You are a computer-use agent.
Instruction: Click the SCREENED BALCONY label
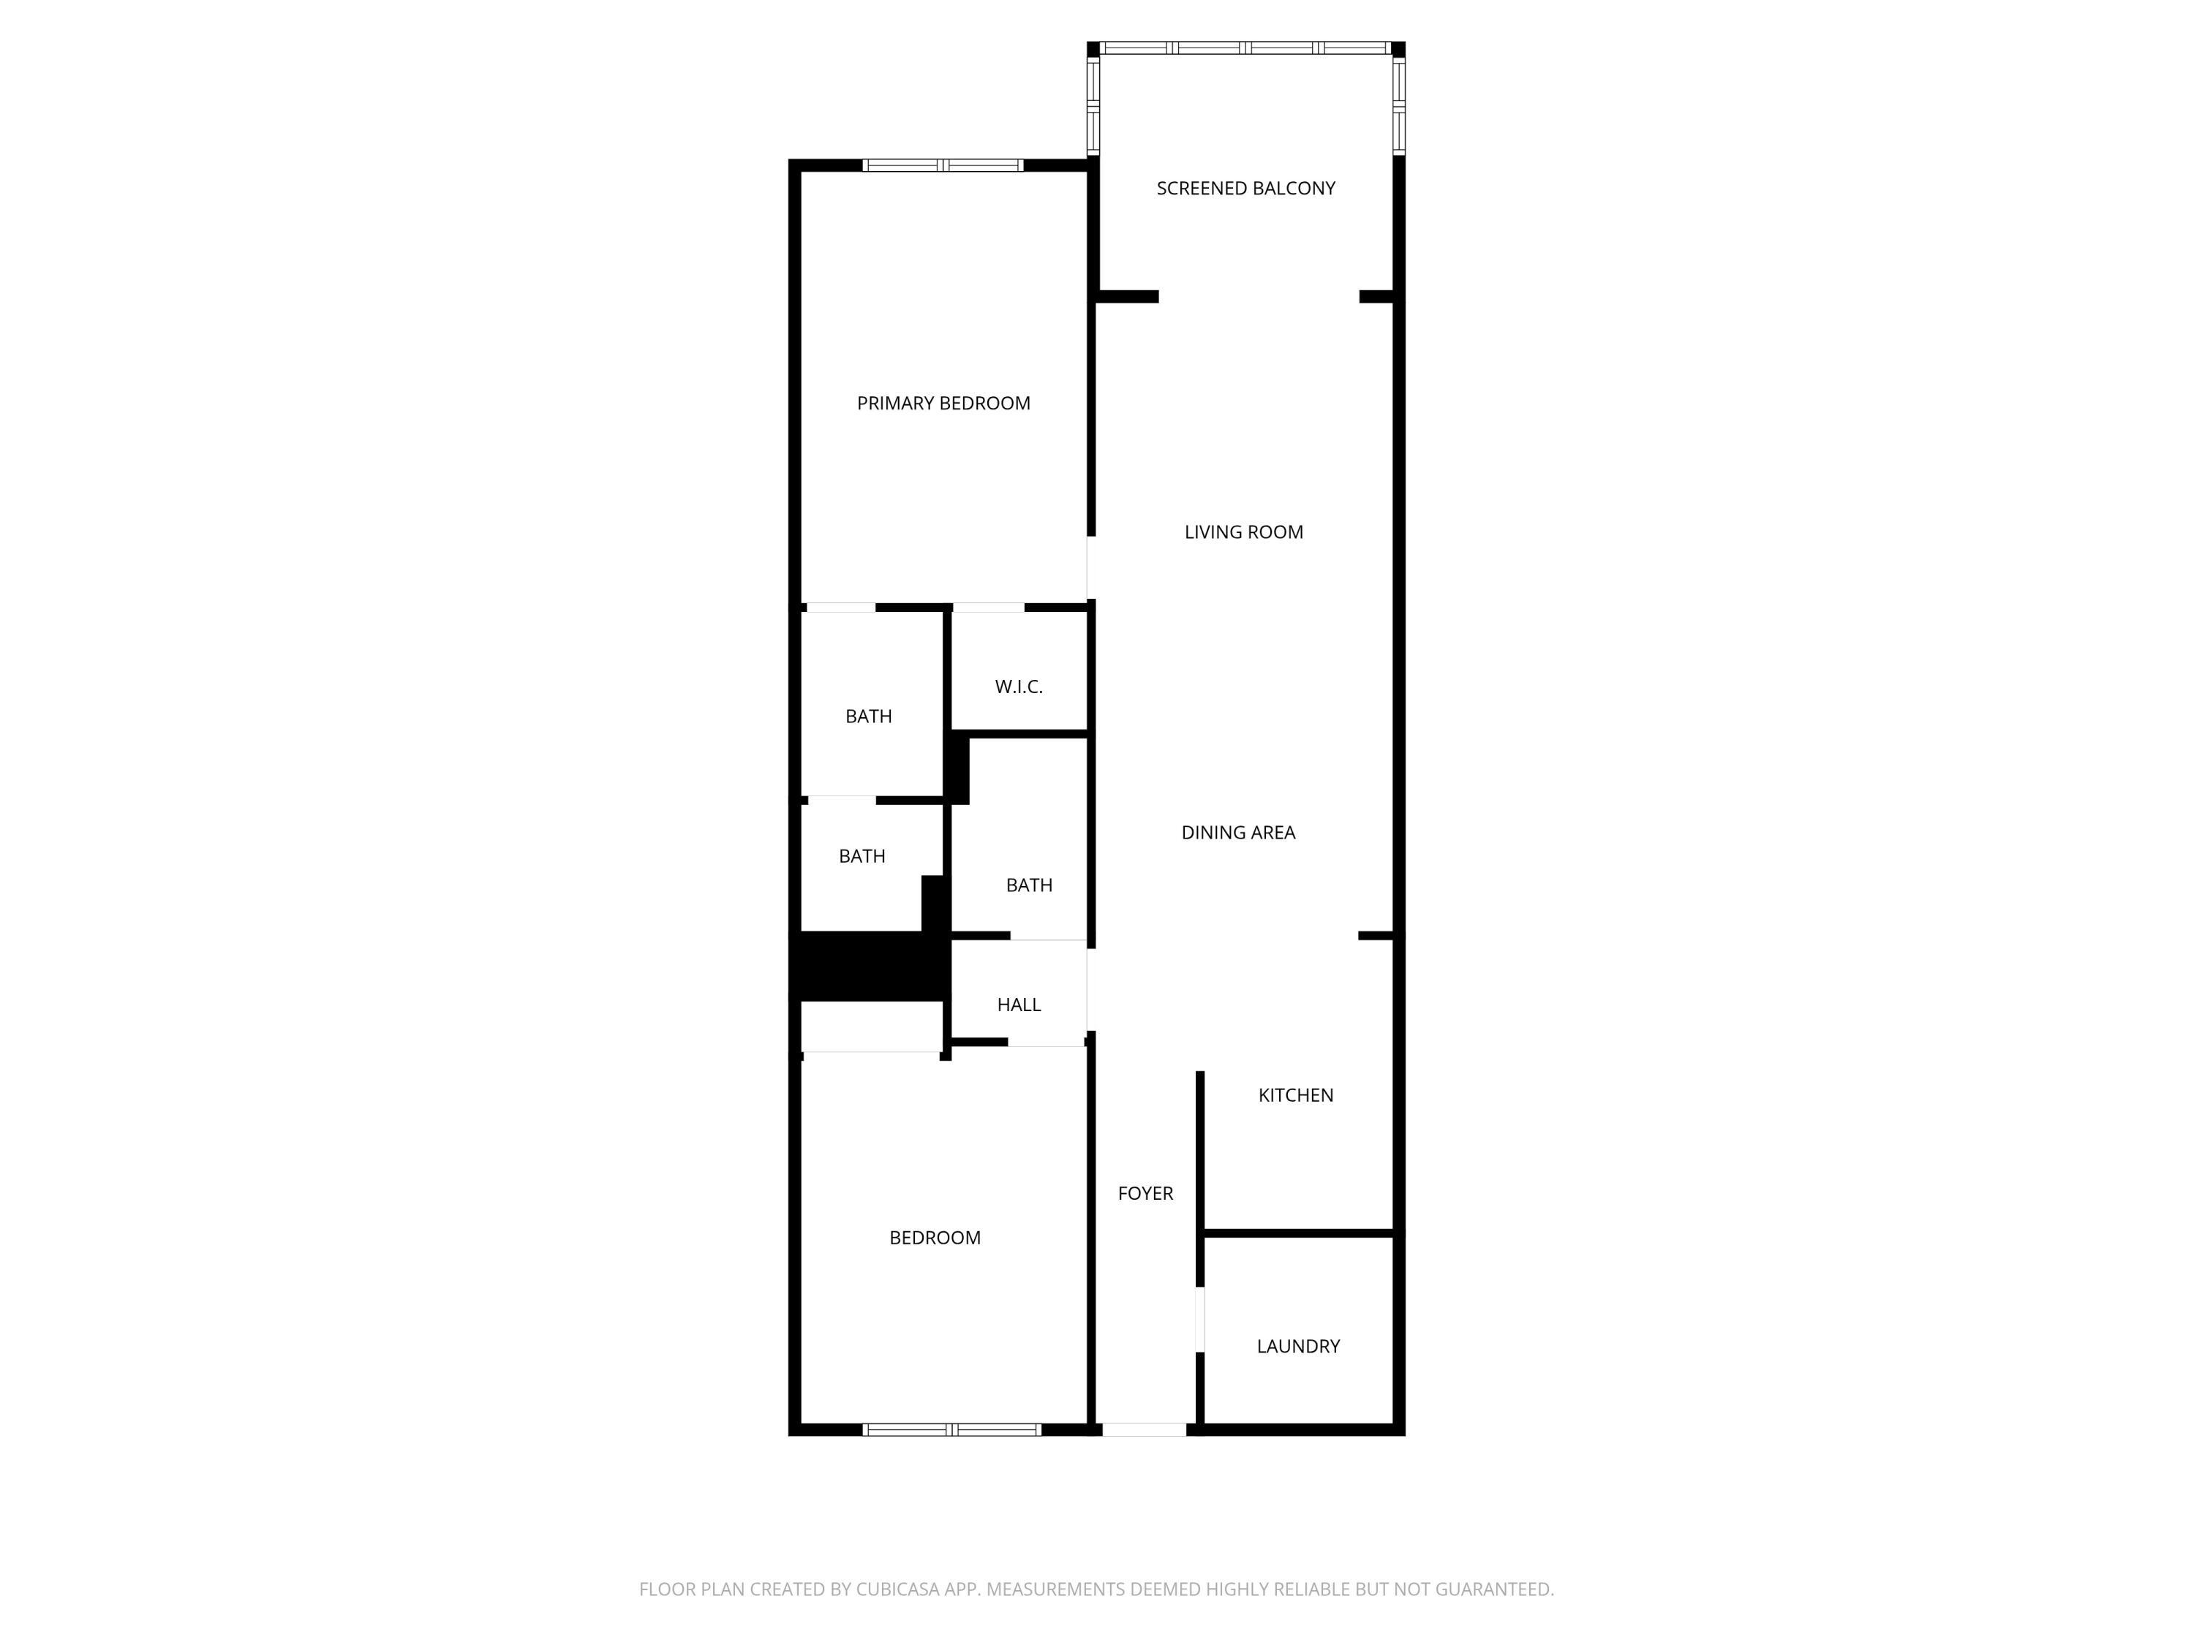click(1245, 189)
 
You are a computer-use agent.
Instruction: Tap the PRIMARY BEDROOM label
click(943, 404)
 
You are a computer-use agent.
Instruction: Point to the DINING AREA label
click(1238, 833)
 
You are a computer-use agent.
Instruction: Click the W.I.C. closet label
click(1019, 687)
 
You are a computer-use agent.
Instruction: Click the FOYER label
click(1145, 1194)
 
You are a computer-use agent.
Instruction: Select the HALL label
click(1019, 1005)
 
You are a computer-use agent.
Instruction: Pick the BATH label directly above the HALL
click(1028, 885)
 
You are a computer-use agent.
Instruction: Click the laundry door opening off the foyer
click(1200, 1320)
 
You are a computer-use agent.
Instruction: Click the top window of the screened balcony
click(1245, 48)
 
